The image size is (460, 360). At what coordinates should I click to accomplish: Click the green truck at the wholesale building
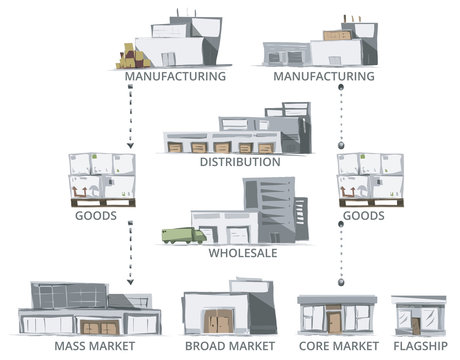coord(183,236)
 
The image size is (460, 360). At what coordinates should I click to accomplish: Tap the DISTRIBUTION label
coord(239,162)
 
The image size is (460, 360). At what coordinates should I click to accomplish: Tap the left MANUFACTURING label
coord(175,75)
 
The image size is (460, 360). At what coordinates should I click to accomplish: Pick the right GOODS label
coord(363,215)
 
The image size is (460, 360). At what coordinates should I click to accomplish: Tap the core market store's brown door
coord(333,322)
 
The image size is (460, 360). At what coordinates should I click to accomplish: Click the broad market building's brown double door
coord(219,322)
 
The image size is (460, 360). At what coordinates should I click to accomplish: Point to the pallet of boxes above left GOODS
coord(99,177)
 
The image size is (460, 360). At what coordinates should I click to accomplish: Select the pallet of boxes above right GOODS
coord(369,178)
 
